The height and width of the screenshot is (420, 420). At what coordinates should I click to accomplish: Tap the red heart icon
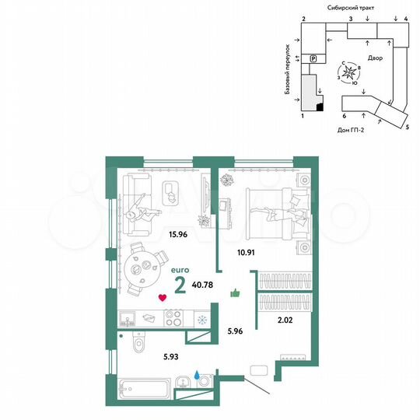[162, 296]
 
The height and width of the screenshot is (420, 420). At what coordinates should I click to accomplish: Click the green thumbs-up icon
[235, 293]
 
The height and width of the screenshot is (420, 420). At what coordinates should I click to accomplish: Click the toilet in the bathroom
[139, 341]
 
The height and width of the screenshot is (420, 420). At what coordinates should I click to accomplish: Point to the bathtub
[145, 387]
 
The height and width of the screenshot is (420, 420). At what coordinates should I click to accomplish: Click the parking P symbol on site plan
[313, 58]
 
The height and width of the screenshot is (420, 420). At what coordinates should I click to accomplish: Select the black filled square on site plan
[320, 107]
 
